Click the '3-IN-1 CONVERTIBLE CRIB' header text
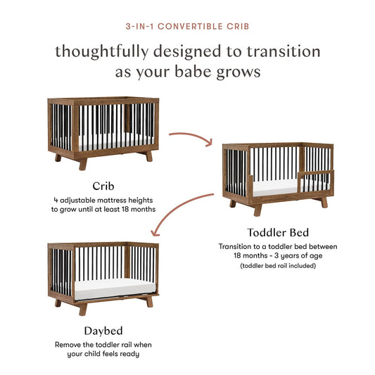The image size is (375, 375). (187, 27)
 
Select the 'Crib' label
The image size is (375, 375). (103, 186)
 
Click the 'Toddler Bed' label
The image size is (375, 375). (278, 231)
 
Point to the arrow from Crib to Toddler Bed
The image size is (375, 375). (190, 135)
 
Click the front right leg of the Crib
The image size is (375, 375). (148, 156)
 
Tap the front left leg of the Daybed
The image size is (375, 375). (83, 308)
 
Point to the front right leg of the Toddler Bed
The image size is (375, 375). (324, 202)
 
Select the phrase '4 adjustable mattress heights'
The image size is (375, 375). (103, 200)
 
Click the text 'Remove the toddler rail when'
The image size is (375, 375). (103, 345)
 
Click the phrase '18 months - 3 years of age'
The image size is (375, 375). (278, 256)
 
